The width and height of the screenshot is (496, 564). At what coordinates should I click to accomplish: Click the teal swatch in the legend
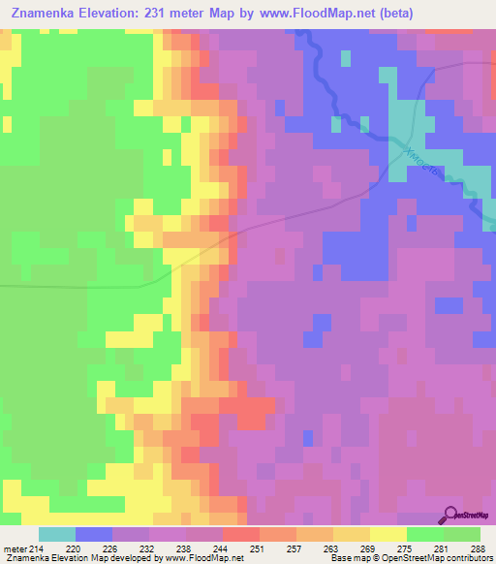pyautogui.click(x=57, y=535)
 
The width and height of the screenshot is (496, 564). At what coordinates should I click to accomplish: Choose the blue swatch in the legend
pyautogui.click(x=94, y=535)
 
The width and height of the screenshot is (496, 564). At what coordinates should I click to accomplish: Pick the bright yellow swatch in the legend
pyautogui.click(x=388, y=535)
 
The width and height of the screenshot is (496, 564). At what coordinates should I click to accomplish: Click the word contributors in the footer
pyautogui.click(x=468, y=557)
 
